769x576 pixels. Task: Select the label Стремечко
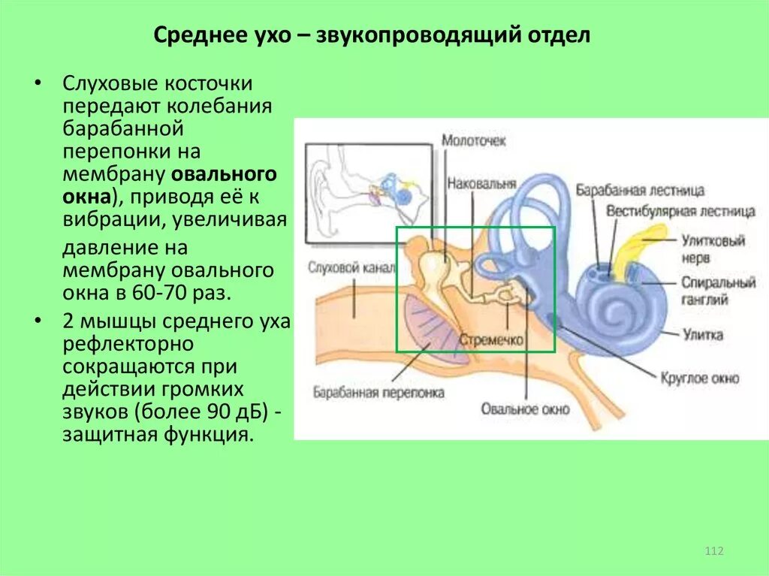coord(491,340)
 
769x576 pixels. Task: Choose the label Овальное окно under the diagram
coord(525,409)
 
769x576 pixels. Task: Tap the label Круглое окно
coord(700,378)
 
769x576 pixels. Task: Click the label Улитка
coord(702,334)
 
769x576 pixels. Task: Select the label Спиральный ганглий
coord(718,291)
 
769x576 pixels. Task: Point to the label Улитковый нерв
coord(713,249)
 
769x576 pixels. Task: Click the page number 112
coord(713,552)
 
